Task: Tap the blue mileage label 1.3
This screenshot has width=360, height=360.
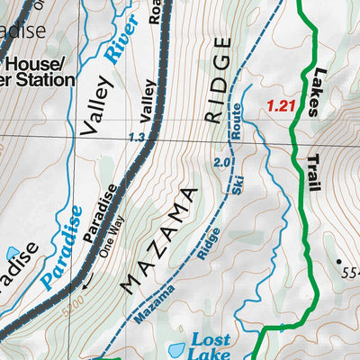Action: point(137,138)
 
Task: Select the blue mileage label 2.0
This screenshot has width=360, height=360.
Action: point(224,162)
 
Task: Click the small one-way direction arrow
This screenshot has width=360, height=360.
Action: point(87,282)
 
